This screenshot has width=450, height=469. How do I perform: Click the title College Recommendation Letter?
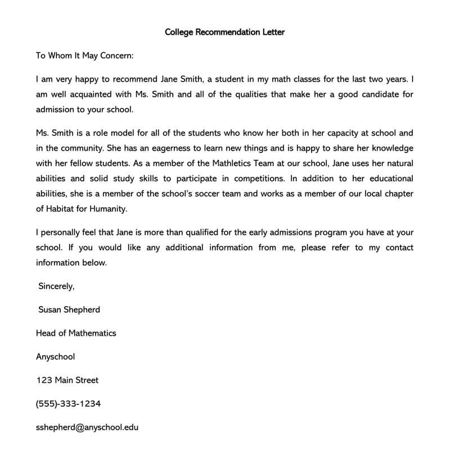(224, 32)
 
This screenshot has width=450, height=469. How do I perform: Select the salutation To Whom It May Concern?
(85, 56)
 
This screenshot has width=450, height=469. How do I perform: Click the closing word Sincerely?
(56, 286)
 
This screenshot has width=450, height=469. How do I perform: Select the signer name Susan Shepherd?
(69, 310)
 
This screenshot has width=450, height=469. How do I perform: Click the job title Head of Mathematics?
(76, 333)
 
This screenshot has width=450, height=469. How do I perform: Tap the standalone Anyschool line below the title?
(55, 357)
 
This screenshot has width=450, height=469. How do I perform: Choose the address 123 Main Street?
(67, 380)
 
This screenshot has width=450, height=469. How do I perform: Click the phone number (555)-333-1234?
(69, 404)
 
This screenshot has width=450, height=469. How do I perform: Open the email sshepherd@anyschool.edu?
(87, 427)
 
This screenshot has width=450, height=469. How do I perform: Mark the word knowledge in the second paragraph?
(389, 148)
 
